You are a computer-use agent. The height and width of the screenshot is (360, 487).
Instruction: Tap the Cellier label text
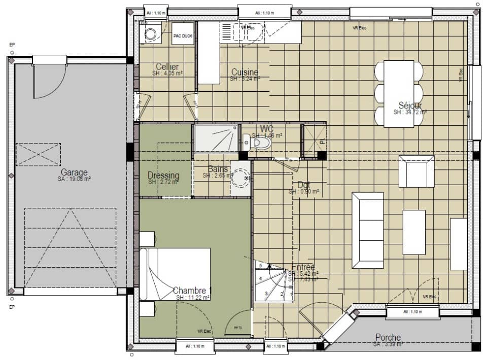[167, 67]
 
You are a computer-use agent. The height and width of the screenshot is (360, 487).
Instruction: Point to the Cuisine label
[245, 73]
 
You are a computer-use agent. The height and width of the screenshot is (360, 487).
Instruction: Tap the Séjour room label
[410, 105]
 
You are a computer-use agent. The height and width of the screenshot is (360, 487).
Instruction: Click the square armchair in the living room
[416, 171]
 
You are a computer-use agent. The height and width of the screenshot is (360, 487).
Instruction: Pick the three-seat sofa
[368, 230]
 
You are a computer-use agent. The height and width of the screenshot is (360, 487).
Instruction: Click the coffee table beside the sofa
[414, 232]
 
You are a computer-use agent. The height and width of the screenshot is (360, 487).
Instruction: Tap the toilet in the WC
[260, 143]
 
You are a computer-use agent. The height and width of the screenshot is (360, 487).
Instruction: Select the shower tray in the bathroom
[216, 138]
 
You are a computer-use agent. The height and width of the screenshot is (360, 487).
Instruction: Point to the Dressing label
[163, 175]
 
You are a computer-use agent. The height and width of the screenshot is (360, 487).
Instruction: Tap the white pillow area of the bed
[147, 273]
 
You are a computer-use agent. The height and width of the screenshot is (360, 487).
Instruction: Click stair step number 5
[260, 266]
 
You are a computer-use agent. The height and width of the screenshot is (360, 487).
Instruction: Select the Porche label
[388, 337]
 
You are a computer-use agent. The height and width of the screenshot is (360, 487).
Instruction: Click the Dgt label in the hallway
[304, 185]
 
